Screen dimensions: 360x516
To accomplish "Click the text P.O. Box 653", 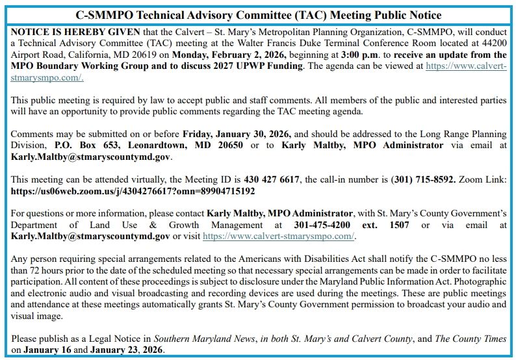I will click(x=90, y=146).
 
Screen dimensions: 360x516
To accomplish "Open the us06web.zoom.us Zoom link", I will click(x=133, y=191).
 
